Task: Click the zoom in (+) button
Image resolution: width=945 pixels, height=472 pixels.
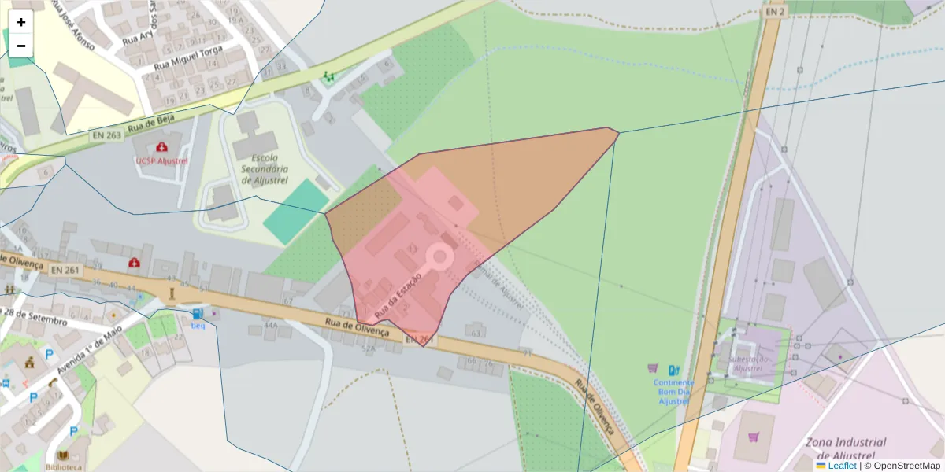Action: [x=21, y=22]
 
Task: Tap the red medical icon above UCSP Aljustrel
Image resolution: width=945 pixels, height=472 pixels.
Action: [x=162, y=146]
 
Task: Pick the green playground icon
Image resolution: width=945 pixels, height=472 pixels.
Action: [x=328, y=76]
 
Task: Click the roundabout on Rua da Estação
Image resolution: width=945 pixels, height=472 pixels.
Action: [x=439, y=256]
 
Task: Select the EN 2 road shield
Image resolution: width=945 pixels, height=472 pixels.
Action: [x=775, y=11]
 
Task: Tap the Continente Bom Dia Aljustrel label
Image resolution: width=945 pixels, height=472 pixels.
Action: [x=673, y=391]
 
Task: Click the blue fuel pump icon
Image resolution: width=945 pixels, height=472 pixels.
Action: [x=673, y=370]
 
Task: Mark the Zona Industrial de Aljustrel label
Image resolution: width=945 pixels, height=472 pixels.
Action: [x=846, y=449]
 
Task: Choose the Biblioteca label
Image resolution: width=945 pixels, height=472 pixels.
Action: [x=63, y=466]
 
